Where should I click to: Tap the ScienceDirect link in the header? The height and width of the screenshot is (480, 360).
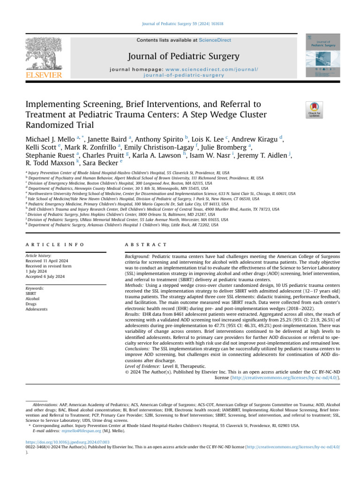tap(215, 40)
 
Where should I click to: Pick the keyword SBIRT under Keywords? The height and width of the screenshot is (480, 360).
tap(31, 294)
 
